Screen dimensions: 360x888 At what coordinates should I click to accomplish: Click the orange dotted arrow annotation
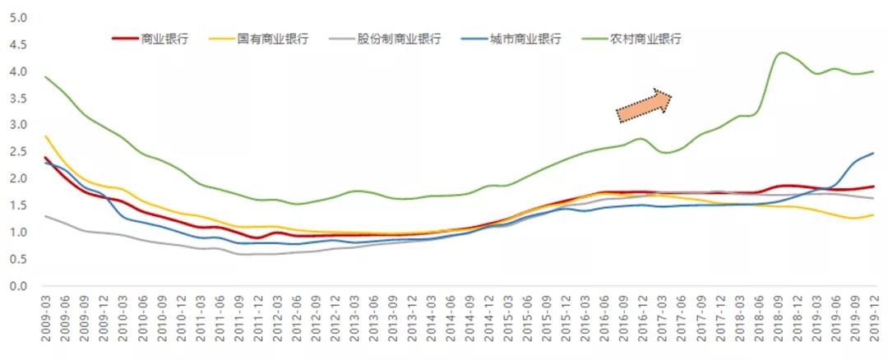point(645,105)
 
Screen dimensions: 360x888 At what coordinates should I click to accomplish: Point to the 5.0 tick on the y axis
point(17,18)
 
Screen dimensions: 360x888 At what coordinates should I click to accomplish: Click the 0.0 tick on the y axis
point(17,286)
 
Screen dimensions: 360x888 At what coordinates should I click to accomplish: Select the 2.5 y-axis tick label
point(17,152)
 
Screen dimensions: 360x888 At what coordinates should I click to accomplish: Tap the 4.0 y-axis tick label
point(17,72)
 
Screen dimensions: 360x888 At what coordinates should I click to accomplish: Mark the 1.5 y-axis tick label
point(17,205)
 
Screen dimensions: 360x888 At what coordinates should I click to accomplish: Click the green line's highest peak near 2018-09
point(781,53)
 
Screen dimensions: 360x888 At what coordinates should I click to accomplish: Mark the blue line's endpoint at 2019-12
point(872,154)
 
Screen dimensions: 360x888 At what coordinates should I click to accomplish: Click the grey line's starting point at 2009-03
point(44,216)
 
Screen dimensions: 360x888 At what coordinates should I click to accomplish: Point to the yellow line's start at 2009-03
point(44,136)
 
